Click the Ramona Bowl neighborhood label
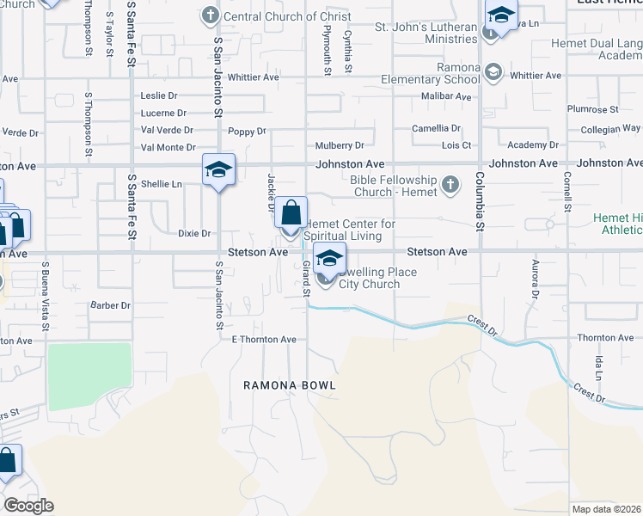tap(288, 386)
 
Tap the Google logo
tap(28, 506)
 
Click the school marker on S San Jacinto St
tap(218, 169)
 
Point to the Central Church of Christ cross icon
tap(210, 15)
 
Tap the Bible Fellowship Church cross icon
tap(450, 185)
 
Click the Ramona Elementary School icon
tap(493, 71)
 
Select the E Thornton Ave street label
tap(264, 340)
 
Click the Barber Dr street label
tap(110, 305)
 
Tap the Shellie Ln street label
tap(162, 184)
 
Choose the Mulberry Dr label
tap(340, 145)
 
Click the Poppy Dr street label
tap(248, 132)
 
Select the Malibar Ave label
tap(446, 96)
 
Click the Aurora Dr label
tap(535, 279)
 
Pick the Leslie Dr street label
tap(158, 95)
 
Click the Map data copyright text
tap(606, 509)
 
